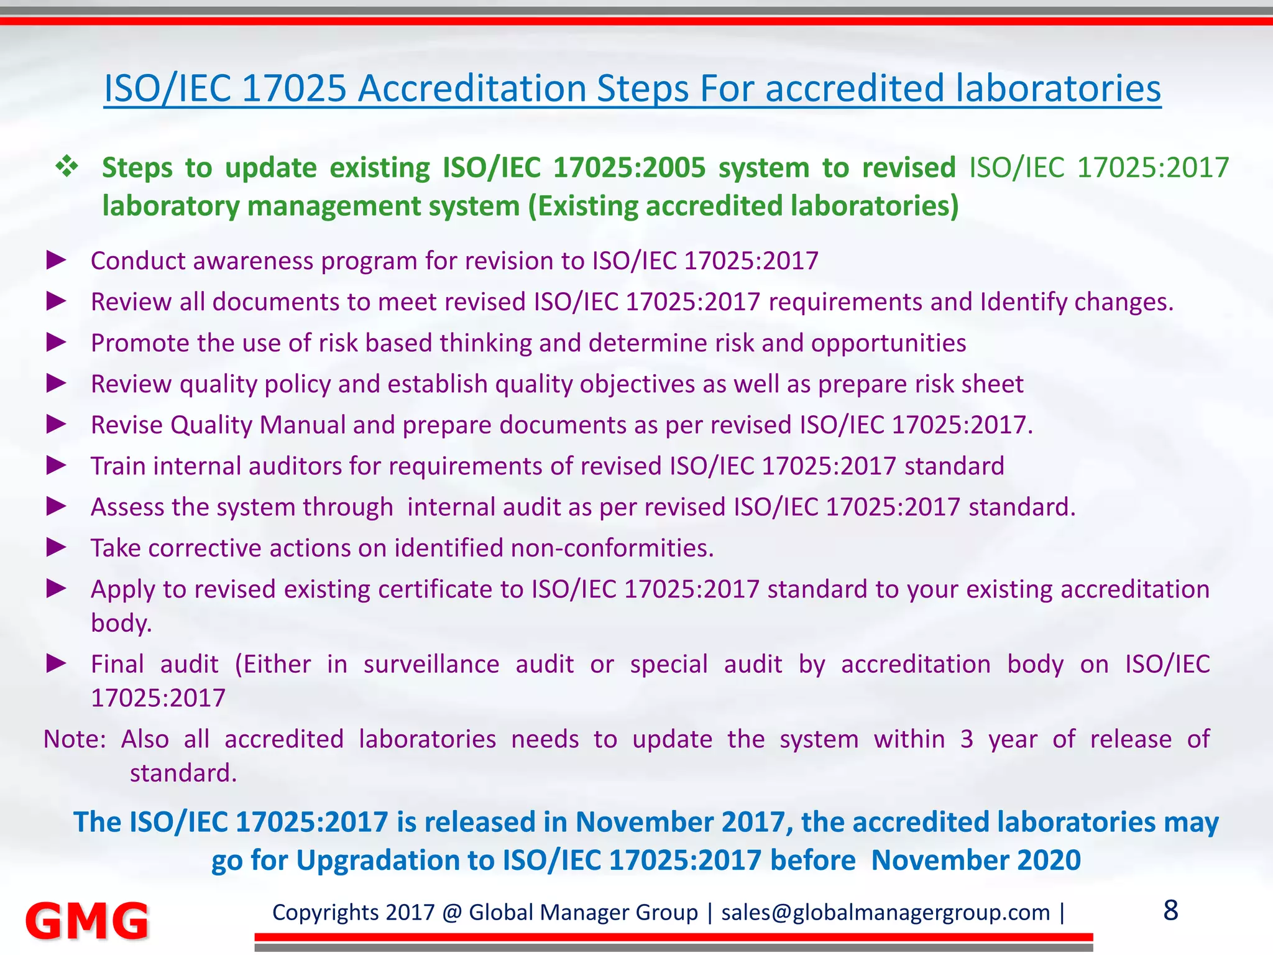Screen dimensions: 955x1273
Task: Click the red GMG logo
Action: pyautogui.click(x=87, y=920)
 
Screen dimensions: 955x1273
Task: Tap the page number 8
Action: pyautogui.click(x=1170, y=911)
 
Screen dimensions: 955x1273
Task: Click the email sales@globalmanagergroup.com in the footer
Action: pyautogui.click(x=885, y=913)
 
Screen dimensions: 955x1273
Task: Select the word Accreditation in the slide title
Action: pyautogui.click(x=472, y=88)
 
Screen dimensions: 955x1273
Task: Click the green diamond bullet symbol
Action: pyautogui.click(x=67, y=167)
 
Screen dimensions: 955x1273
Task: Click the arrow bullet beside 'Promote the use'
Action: pyautogui.click(x=57, y=342)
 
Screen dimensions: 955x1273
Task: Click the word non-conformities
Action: pyautogui.click(x=612, y=548)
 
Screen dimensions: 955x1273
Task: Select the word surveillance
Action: pyautogui.click(x=431, y=665)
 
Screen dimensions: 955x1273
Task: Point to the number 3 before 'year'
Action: pyautogui.click(x=967, y=739)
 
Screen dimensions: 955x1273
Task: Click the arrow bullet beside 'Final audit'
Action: pyautogui.click(x=57, y=663)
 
